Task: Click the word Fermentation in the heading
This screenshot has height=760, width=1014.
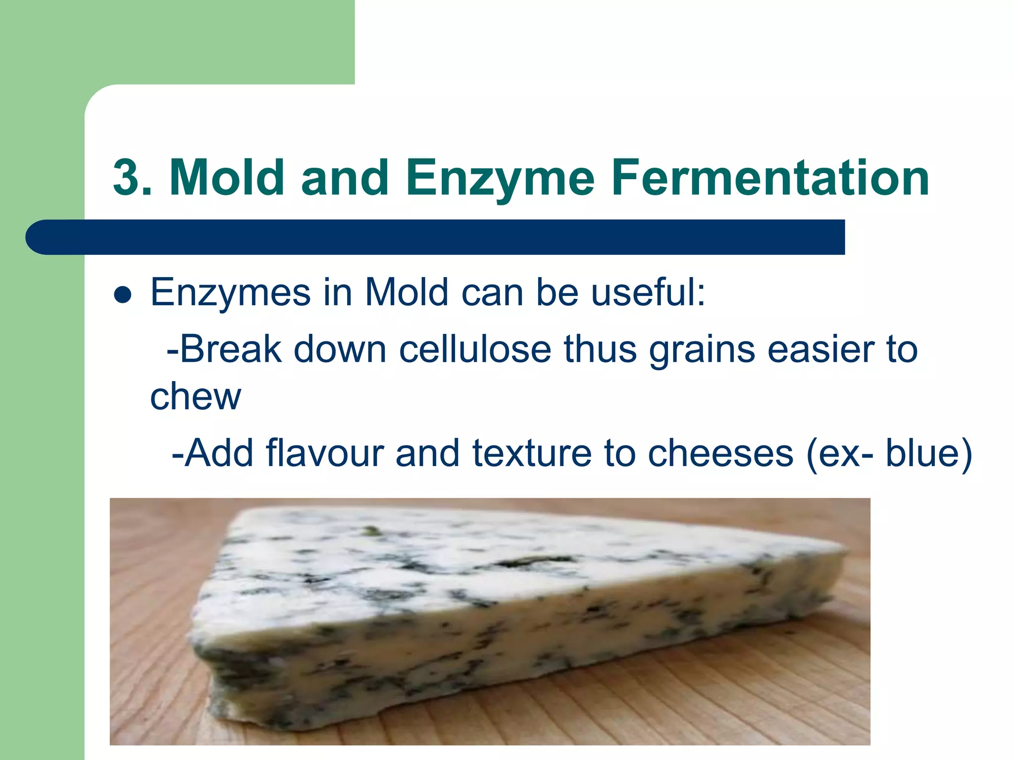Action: [770, 178]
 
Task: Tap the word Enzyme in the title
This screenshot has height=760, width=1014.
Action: [500, 178]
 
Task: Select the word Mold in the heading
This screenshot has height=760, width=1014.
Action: [227, 178]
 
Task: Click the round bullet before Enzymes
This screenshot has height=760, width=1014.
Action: [122, 295]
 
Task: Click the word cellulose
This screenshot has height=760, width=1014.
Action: [475, 350]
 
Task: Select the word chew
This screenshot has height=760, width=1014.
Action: [195, 397]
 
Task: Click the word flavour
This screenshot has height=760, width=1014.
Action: [325, 453]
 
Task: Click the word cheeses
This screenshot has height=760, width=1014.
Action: [720, 453]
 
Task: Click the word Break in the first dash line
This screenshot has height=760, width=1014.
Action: [231, 350]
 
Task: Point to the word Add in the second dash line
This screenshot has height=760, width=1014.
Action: [221, 453]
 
